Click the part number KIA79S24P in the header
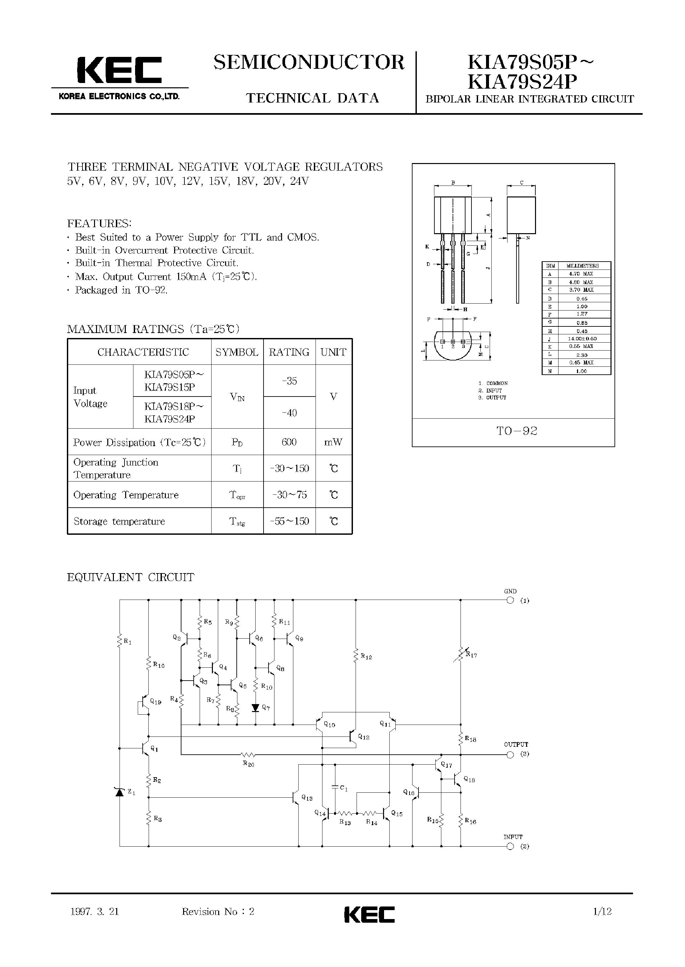click(x=522, y=82)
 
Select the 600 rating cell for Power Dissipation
click(x=289, y=442)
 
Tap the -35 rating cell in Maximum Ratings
click(x=289, y=381)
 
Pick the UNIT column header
click(x=333, y=352)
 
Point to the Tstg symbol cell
click(x=237, y=521)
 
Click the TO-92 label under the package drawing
click(x=517, y=431)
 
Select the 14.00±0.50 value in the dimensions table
click(x=582, y=338)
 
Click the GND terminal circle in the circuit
click(x=510, y=601)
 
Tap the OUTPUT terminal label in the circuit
click(x=515, y=744)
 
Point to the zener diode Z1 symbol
click(x=120, y=792)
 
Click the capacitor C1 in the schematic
click(x=335, y=787)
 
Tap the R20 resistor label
click(x=248, y=764)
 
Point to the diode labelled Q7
click(x=255, y=707)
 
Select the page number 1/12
click(x=602, y=911)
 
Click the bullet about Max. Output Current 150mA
click(x=166, y=277)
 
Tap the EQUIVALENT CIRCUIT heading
click(x=131, y=577)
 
